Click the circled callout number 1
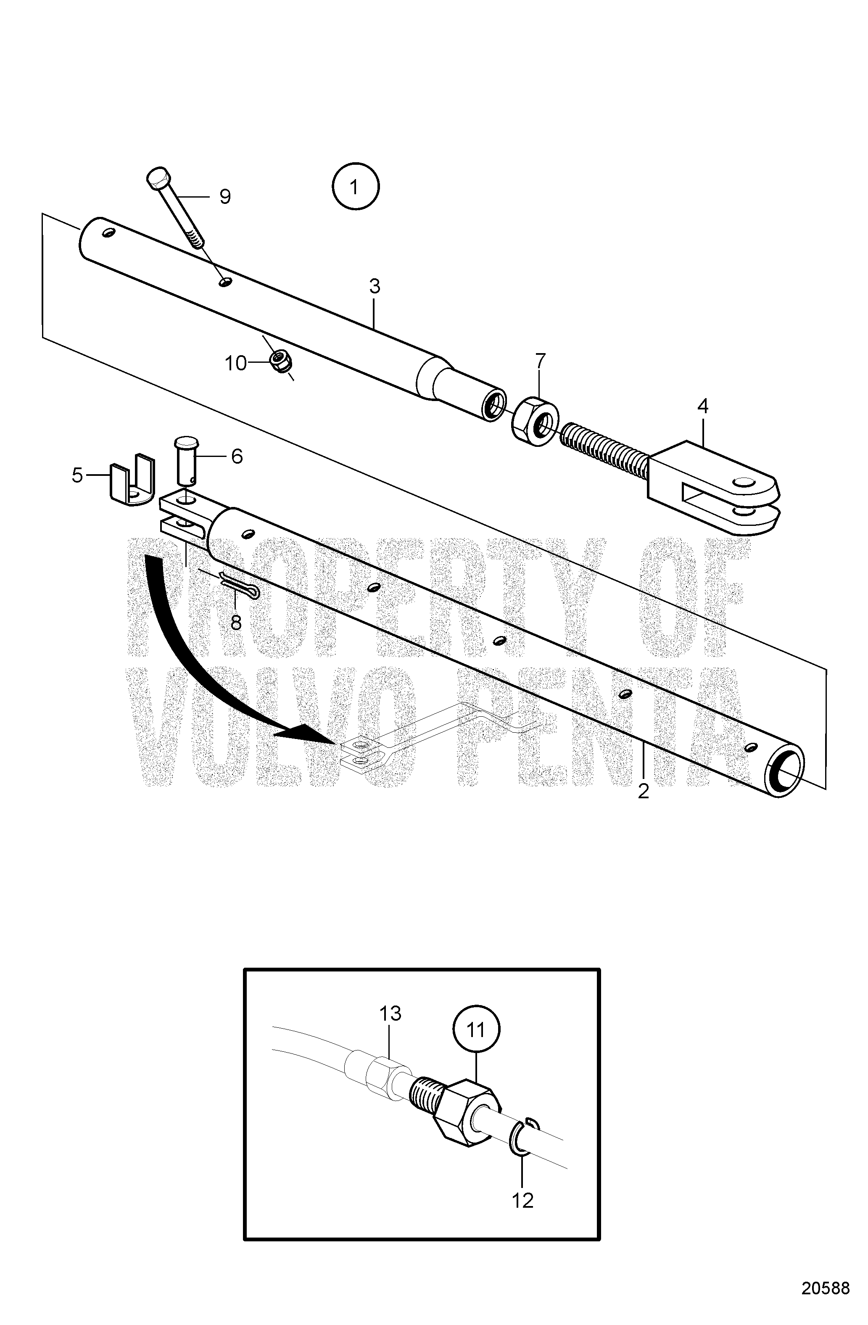pos(355,186)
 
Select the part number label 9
pos(224,197)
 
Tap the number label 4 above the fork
pos(703,406)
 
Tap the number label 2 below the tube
pos(643,791)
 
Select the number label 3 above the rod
pos(374,286)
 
